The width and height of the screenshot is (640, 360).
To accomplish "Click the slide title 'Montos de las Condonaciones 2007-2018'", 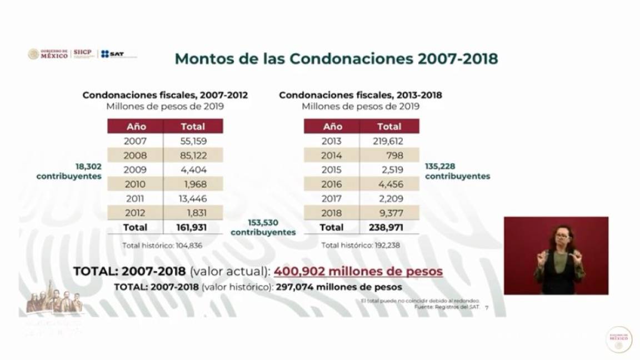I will [x=336, y=59].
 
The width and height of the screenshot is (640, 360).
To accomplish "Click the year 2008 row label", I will [x=136, y=156].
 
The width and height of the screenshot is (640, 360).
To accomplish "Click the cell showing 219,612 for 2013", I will [x=388, y=141].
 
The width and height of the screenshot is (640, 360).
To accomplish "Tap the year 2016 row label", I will [x=332, y=184].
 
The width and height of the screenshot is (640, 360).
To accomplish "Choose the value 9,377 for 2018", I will [x=391, y=213].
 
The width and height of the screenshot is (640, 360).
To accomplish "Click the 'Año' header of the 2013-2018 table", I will [x=332, y=127].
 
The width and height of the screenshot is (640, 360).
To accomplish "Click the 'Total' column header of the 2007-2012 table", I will [x=192, y=127].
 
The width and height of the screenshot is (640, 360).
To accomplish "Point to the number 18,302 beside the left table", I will [x=89, y=166].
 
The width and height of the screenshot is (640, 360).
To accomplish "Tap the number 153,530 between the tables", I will [x=263, y=223].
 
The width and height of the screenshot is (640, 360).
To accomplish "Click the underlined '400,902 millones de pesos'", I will [x=358, y=271].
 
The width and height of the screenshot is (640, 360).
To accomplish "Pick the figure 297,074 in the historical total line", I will [x=297, y=287].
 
